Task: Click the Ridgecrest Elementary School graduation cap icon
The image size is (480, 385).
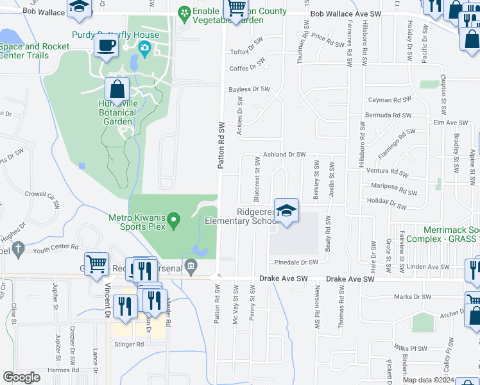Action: [286, 210]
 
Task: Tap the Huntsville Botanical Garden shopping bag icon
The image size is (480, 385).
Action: [117, 89]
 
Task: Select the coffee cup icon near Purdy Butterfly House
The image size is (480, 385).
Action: [106, 46]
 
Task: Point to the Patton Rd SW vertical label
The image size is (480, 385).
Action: [221, 146]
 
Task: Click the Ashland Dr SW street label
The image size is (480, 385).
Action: [284, 155]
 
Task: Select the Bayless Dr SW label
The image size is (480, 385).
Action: [250, 89]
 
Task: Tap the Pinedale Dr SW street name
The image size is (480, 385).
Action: [296, 262]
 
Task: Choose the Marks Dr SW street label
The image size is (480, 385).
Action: [413, 296]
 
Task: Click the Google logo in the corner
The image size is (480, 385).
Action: [21, 377]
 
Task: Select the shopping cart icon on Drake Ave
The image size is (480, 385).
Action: [96, 263]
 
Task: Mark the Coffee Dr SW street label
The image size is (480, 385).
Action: [247, 67]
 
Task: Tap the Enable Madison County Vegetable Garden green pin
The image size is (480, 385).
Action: [184, 13]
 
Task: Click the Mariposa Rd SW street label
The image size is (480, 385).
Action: [395, 189]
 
